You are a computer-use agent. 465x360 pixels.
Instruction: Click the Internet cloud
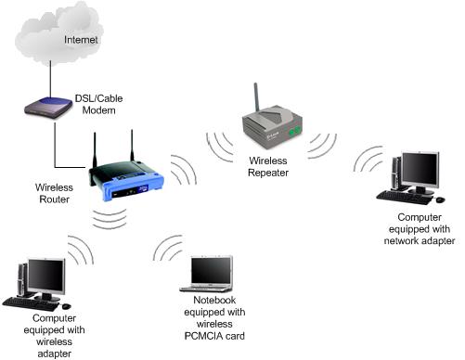coord(55,37)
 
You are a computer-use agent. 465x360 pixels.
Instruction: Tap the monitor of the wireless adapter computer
coord(45,275)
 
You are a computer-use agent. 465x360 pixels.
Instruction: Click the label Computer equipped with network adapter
coord(413,229)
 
